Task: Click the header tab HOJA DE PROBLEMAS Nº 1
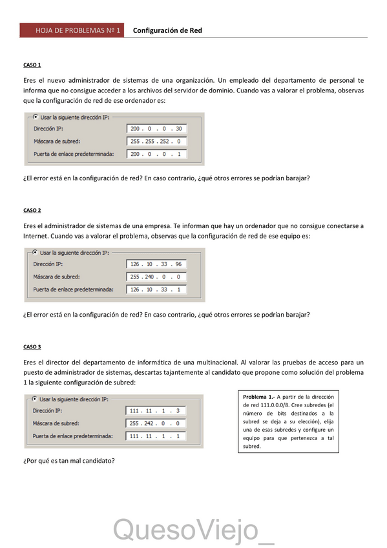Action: (x=71, y=30)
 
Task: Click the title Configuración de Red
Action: (x=167, y=30)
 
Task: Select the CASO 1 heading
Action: (x=32, y=65)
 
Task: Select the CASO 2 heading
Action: (x=32, y=210)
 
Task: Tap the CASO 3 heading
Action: (x=32, y=347)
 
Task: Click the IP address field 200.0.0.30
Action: (x=157, y=129)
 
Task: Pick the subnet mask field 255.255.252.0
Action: (x=157, y=141)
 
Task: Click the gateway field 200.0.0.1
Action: (x=157, y=154)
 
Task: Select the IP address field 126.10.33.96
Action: (x=156, y=264)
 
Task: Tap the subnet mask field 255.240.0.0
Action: (x=156, y=277)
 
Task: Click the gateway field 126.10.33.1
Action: (x=156, y=290)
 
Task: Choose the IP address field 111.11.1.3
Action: (x=156, y=410)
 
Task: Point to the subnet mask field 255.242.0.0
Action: (x=156, y=423)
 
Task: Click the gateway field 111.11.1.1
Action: (x=156, y=436)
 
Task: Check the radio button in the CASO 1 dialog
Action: (x=35, y=117)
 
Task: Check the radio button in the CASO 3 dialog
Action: (x=34, y=399)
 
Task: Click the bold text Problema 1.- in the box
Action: (x=258, y=396)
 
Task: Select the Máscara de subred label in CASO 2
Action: (x=56, y=277)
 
